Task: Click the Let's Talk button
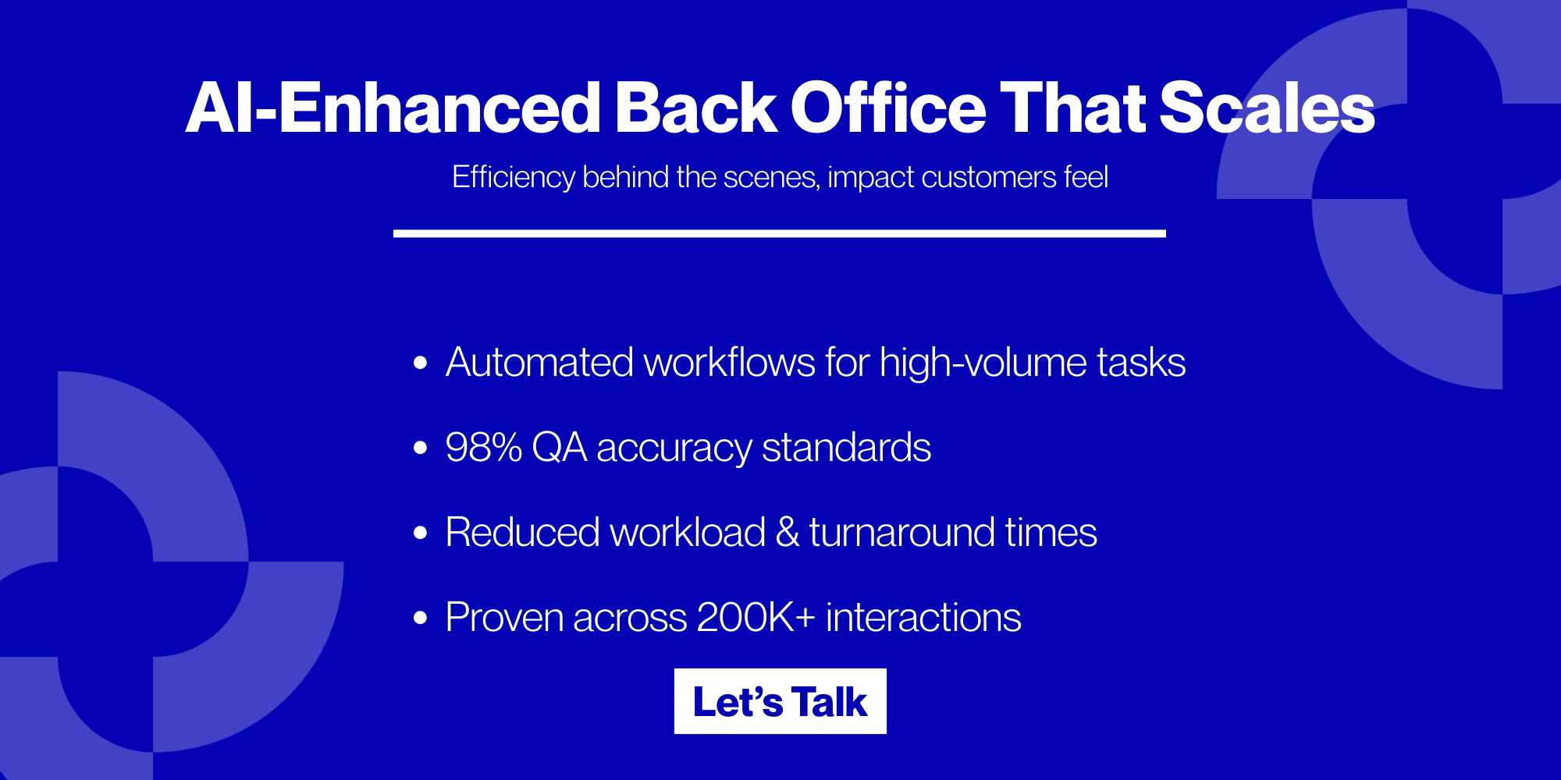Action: click(x=780, y=701)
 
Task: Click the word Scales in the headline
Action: click(x=1266, y=109)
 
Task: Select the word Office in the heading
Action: click(x=888, y=109)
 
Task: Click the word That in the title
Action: click(x=1072, y=109)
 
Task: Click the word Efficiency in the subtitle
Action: click(x=513, y=178)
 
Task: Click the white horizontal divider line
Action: click(x=779, y=233)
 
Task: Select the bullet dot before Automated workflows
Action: click(x=421, y=363)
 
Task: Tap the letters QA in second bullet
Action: click(x=559, y=448)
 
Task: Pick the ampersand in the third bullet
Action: click(x=787, y=533)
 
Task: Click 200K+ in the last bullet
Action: click(x=756, y=618)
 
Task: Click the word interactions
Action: click(x=923, y=618)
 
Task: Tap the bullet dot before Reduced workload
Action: click(x=421, y=533)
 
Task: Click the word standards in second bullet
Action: click(x=846, y=448)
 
